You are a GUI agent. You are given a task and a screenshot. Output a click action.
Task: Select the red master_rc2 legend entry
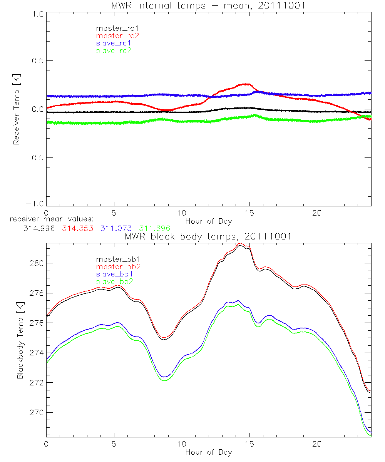(x=117, y=35)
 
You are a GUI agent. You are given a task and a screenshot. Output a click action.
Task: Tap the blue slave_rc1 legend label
(x=113, y=43)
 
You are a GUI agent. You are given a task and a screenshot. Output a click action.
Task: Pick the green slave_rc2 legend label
(x=114, y=50)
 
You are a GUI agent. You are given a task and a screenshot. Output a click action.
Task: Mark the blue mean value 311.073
(x=117, y=228)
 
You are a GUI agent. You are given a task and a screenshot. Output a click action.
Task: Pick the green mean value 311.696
(x=155, y=228)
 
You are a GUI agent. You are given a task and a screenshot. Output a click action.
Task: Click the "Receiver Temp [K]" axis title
(x=16, y=109)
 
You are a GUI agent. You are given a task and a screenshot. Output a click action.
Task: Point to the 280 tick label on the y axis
(x=37, y=263)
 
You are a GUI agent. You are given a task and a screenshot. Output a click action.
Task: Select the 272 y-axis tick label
(x=37, y=383)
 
